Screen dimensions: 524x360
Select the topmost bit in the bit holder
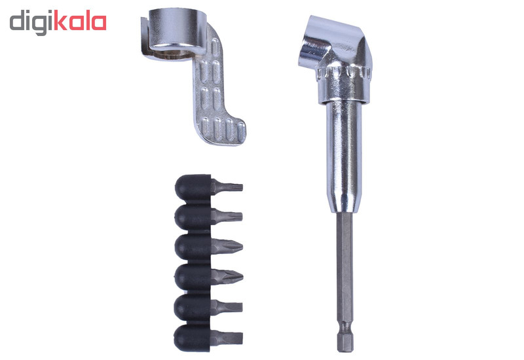208,187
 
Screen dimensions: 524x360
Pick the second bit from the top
208,217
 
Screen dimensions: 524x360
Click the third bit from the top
208,247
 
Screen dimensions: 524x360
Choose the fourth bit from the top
208,277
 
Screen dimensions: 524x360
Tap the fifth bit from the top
208,307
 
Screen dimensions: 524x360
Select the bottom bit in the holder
208,338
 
